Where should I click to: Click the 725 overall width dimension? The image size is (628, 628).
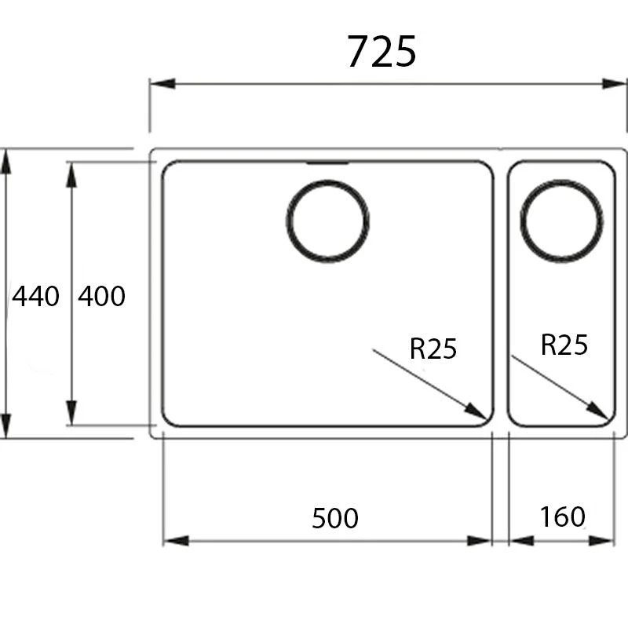tap(382, 52)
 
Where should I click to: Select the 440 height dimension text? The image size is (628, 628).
tap(35, 296)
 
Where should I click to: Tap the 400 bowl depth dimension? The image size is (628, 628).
tap(101, 296)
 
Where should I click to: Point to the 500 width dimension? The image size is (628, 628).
tap(335, 518)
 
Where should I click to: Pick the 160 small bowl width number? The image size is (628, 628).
tap(562, 517)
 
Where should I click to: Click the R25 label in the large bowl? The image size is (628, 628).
tap(433, 348)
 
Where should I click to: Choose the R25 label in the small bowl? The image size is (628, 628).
tap(564, 345)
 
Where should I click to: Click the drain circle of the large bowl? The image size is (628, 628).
tap(327, 221)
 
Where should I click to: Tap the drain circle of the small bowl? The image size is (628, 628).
tap(561, 221)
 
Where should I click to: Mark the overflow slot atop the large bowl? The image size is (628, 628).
tap(327, 163)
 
